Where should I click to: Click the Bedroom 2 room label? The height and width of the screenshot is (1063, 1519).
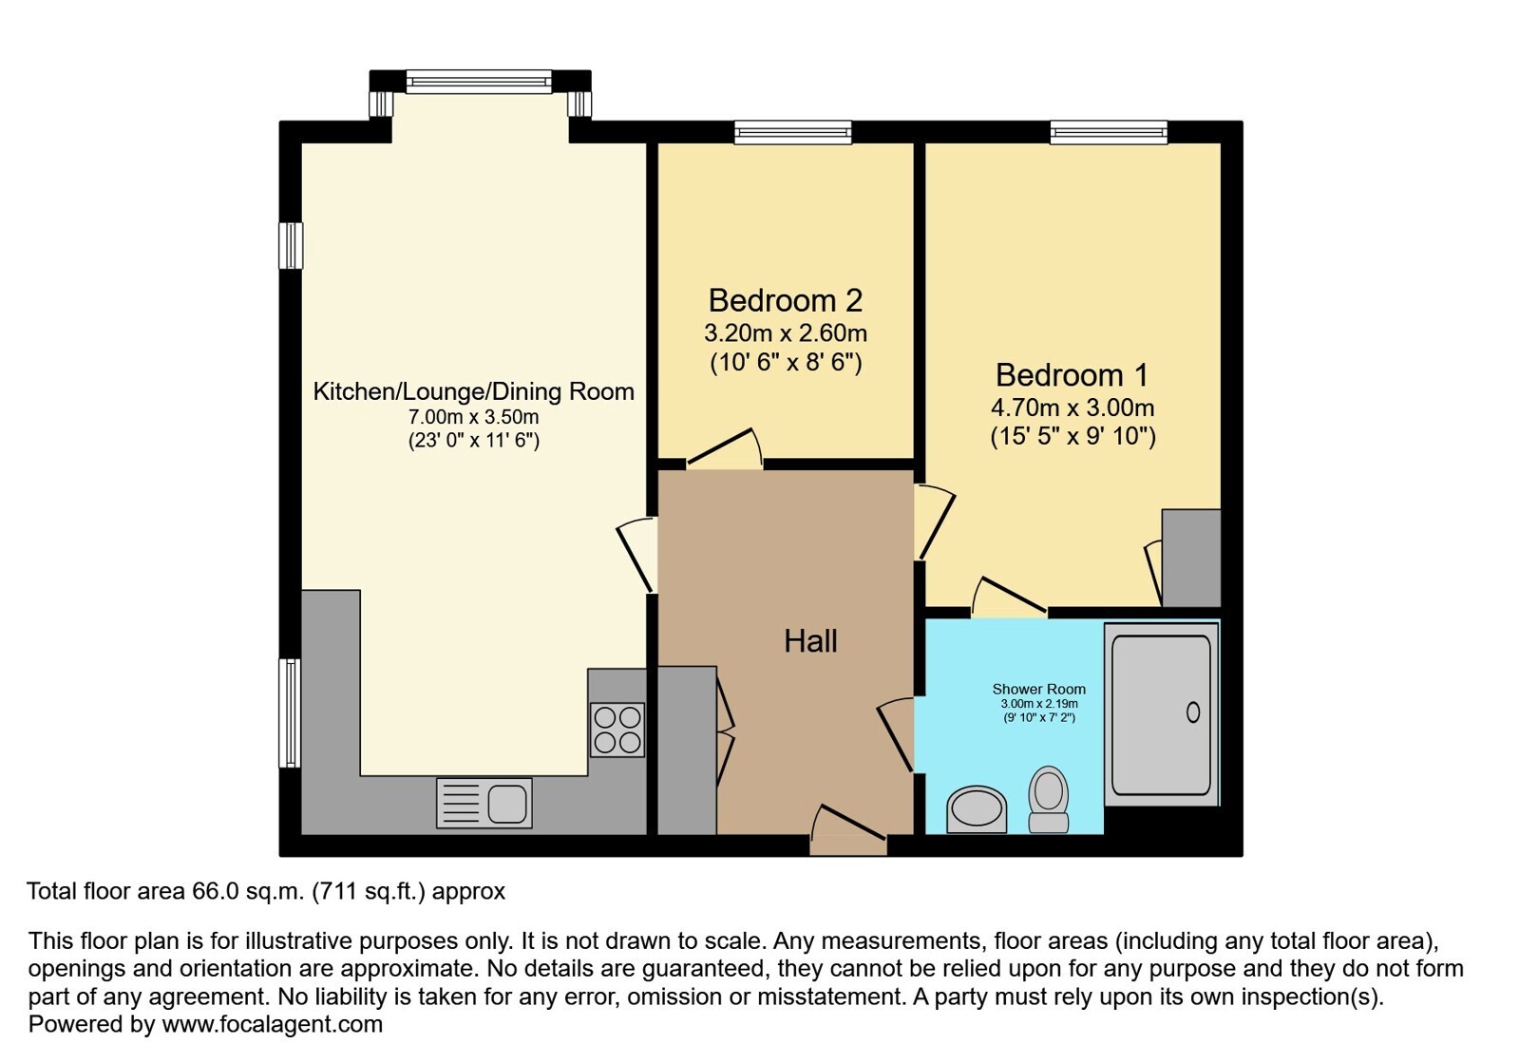click(x=786, y=300)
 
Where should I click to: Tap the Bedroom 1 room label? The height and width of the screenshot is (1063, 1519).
click(x=1073, y=375)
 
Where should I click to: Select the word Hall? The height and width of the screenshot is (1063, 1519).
click(x=810, y=640)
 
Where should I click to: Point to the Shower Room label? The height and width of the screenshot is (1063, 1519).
click(x=1039, y=689)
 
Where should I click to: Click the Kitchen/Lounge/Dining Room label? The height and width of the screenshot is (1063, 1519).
click(x=473, y=391)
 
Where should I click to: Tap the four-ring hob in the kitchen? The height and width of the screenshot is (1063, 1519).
click(x=617, y=730)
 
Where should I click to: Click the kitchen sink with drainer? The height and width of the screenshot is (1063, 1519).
click(x=484, y=804)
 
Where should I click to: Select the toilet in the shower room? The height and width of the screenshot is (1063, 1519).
click(x=1049, y=799)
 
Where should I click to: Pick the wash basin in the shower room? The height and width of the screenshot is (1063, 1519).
click(x=977, y=809)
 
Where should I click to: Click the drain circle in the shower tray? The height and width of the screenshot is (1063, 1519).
click(x=1193, y=712)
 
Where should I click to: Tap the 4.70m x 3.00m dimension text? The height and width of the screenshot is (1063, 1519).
click(x=1073, y=408)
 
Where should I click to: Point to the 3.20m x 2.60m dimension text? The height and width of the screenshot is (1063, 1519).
click(x=786, y=332)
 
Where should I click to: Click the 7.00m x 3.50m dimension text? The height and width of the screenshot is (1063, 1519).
click(x=473, y=416)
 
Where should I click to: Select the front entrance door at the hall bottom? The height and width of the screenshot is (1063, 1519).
click(x=848, y=830)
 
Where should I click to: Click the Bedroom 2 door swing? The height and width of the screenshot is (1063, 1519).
click(x=724, y=448)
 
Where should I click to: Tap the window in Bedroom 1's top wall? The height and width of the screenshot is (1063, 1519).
click(x=1109, y=132)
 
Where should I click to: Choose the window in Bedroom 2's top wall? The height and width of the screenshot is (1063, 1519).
click(x=792, y=132)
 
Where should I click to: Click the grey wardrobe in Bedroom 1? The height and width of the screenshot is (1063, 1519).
click(x=1191, y=558)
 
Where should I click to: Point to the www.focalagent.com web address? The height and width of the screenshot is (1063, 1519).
click(x=272, y=1024)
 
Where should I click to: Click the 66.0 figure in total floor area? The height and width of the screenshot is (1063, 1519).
click(x=216, y=891)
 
